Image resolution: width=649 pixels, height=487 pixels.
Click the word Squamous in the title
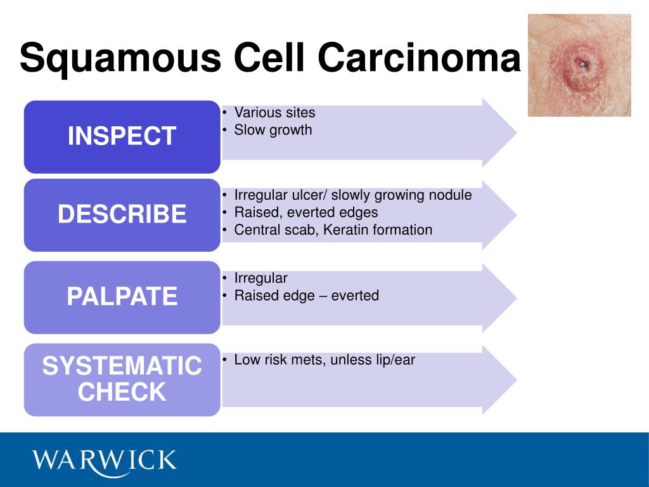click(x=120, y=58)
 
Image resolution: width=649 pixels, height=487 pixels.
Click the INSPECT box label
click(x=122, y=136)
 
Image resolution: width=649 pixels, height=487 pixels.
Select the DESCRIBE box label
click(x=122, y=214)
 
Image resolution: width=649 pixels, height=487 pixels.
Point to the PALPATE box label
click(x=122, y=296)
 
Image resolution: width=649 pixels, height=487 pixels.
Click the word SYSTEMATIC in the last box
click(x=122, y=366)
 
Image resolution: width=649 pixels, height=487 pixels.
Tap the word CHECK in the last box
click(x=122, y=391)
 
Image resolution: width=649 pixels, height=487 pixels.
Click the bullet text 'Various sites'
click(x=274, y=112)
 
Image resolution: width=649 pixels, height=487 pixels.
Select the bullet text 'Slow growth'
click(x=273, y=130)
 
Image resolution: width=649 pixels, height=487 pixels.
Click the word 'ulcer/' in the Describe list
click(x=306, y=195)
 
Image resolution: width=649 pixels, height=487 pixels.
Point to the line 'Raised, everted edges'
click(x=306, y=212)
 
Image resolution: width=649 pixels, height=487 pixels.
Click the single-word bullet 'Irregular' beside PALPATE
click(x=260, y=278)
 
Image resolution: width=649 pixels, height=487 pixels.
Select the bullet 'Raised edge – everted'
click(x=306, y=295)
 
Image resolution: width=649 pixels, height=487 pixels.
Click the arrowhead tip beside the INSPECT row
click(x=517, y=133)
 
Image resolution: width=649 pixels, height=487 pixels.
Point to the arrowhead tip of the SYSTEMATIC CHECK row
click(x=517, y=380)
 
